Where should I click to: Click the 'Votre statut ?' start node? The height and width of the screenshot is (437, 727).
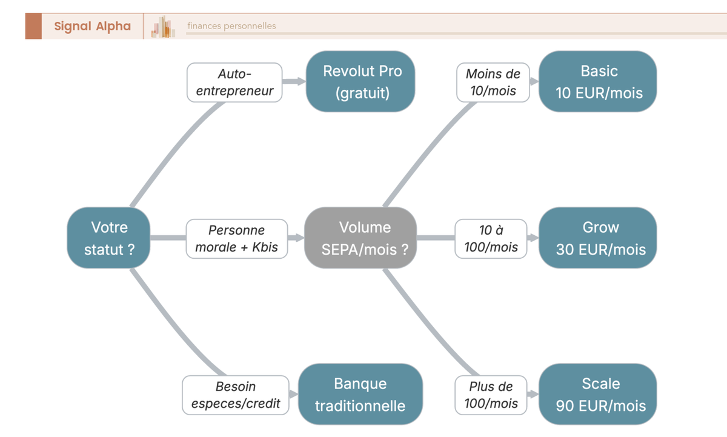(108, 238)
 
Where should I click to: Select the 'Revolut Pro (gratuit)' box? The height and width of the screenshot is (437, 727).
(362, 81)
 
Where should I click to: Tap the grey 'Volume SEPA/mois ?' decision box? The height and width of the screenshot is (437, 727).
(360, 238)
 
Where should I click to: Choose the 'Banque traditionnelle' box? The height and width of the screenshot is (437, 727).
(360, 395)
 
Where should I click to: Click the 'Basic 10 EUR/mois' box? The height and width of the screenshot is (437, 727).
(598, 81)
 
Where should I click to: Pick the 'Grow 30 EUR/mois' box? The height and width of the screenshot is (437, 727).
(598, 238)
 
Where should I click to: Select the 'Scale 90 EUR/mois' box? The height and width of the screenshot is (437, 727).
(598, 395)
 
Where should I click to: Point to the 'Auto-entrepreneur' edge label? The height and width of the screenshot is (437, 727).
(234, 82)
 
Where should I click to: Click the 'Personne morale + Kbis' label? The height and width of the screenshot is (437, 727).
(236, 239)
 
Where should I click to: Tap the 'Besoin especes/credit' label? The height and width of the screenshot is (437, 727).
(236, 395)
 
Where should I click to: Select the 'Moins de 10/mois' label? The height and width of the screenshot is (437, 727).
(493, 82)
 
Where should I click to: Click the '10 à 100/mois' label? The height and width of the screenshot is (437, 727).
(491, 239)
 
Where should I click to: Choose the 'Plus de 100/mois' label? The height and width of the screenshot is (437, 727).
(491, 395)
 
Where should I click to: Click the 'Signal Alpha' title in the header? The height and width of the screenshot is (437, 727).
(92, 26)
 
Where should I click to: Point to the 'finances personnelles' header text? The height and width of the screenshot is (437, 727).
(231, 26)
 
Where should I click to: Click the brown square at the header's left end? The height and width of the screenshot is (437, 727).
(33, 26)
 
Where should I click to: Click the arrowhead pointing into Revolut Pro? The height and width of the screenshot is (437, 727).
(301, 81)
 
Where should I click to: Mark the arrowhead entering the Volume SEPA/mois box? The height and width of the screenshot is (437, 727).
(299, 238)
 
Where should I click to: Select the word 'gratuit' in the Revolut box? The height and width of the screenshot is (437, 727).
(362, 93)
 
